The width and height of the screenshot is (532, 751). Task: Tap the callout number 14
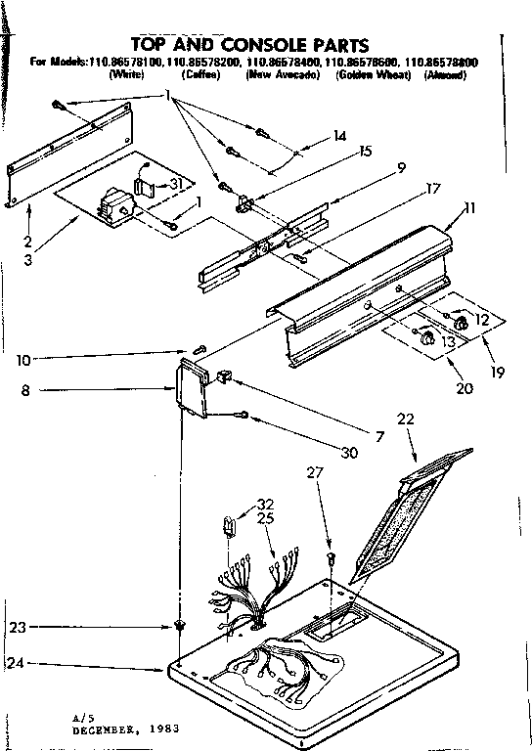339,137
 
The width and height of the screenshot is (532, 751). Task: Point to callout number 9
374,167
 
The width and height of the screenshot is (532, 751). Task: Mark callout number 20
465,387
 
